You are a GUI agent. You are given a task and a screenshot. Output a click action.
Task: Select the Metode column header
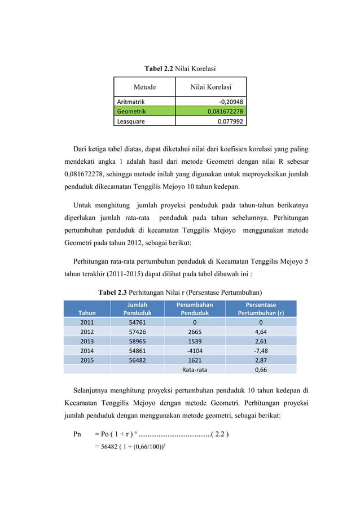tap(144, 87)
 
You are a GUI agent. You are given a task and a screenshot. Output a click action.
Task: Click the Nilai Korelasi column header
tap(210, 87)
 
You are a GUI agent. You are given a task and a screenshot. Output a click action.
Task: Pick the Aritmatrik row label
tap(130, 102)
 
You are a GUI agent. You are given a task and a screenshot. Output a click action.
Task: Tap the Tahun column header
tap(87, 312)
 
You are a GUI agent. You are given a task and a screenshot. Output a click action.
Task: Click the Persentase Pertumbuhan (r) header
tap(260, 308)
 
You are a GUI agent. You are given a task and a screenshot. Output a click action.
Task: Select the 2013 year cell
tap(87, 341)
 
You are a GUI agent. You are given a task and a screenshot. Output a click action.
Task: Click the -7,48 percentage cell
tap(260, 350)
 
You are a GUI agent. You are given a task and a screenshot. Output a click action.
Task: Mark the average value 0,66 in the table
tap(260, 370)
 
